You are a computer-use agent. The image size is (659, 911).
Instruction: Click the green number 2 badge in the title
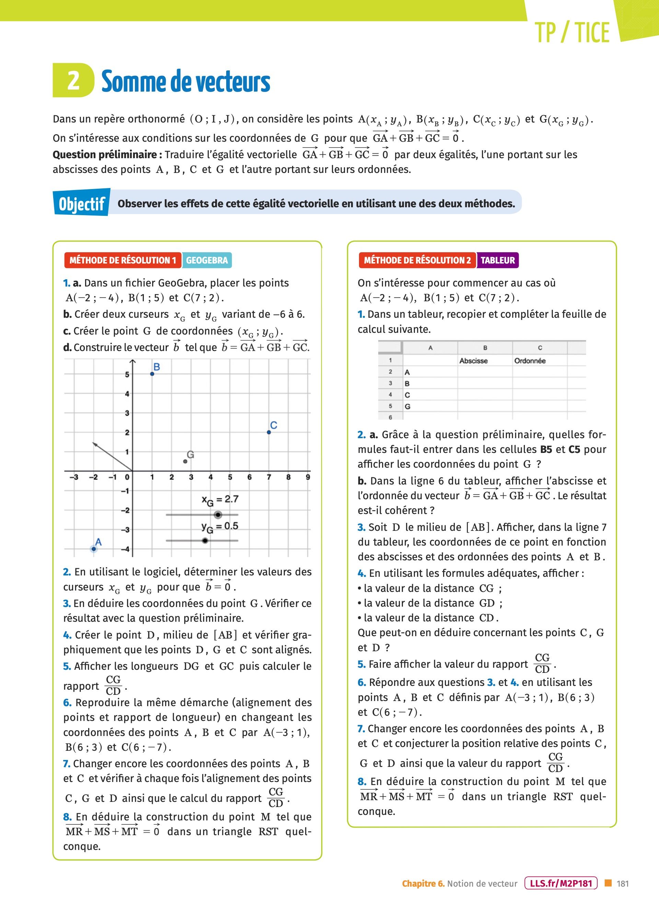(x=73, y=80)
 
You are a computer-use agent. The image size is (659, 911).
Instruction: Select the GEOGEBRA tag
(x=207, y=260)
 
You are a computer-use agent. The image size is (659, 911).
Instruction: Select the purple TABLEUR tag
(x=497, y=260)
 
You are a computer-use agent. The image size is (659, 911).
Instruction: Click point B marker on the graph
(x=152, y=374)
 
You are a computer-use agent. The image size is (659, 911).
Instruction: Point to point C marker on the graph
(x=269, y=432)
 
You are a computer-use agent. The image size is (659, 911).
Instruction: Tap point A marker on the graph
(x=94, y=549)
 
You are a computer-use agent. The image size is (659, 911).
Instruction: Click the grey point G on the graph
(x=185, y=462)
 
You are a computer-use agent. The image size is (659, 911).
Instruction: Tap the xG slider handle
(x=218, y=515)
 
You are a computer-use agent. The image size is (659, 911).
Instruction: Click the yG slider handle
(x=205, y=541)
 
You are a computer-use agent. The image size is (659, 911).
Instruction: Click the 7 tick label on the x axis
(x=269, y=478)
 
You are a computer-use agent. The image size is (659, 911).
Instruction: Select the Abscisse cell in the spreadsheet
(x=473, y=361)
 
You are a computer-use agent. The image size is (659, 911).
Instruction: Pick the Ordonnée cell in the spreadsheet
(x=530, y=361)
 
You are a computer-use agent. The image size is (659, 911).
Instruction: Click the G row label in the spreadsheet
(x=407, y=407)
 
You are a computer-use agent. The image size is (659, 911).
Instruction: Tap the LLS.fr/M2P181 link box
(x=561, y=883)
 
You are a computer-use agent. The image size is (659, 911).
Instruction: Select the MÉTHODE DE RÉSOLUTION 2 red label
(x=417, y=260)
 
